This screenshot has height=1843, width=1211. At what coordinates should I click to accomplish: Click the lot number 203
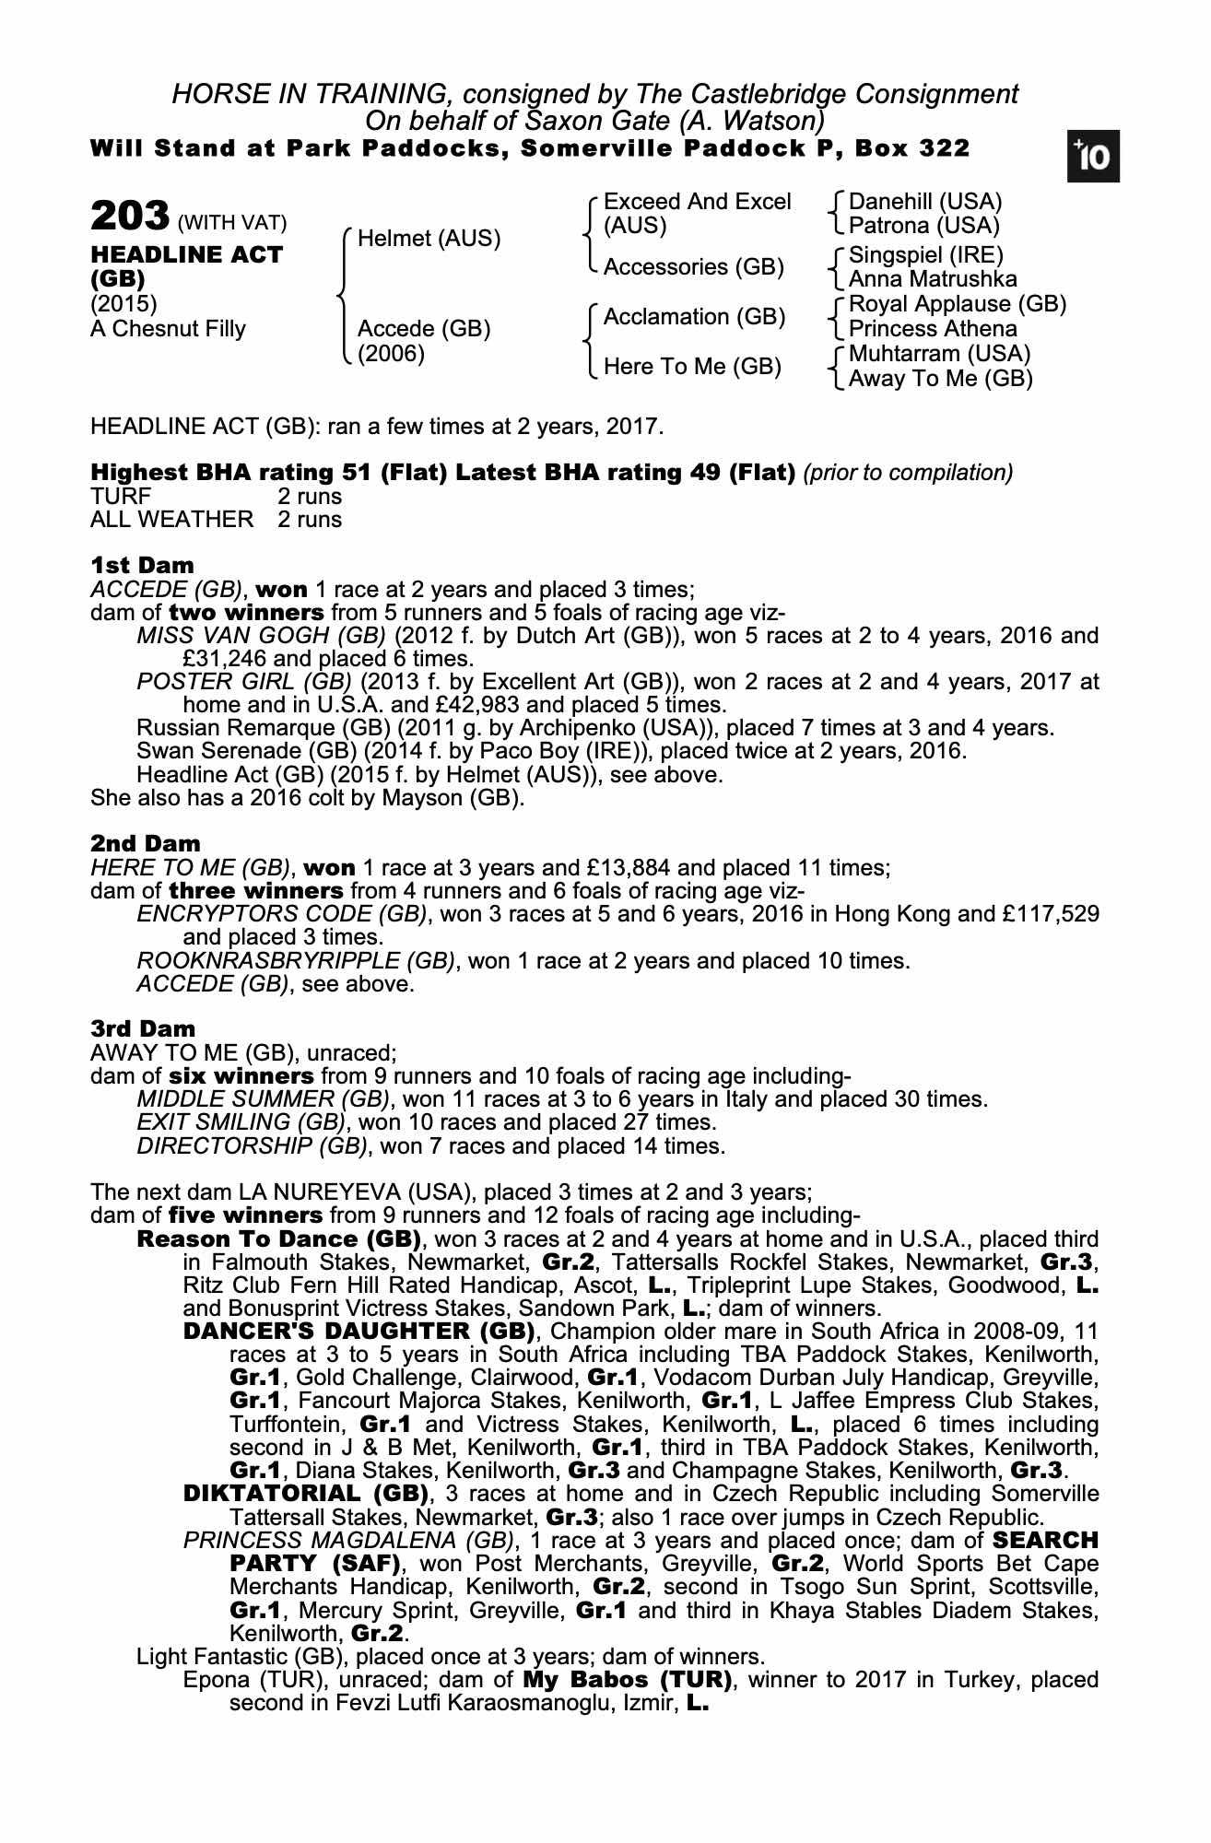(129, 217)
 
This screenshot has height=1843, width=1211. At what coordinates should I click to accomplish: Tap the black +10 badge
(1094, 158)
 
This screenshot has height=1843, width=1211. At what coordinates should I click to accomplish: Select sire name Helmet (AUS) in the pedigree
(429, 239)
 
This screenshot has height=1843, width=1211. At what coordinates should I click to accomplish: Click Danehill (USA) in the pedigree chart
(925, 202)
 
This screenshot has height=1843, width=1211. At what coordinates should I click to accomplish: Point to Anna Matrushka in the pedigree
(933, 278)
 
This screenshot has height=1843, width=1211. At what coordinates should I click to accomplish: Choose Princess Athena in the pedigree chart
(933, 329)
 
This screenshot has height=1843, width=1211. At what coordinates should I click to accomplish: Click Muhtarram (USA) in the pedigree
(939, 354)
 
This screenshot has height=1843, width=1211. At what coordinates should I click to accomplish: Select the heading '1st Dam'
(142, 565)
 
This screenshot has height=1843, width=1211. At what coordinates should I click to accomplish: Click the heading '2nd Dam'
(145, 843)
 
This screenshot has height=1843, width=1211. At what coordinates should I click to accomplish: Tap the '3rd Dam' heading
(143, 1028)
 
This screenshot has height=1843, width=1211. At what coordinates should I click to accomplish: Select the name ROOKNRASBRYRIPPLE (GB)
(296, 961)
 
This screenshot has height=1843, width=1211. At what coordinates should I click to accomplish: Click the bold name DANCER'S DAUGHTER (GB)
(359, 1331)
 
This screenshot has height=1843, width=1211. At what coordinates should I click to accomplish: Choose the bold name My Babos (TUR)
(627, 1679)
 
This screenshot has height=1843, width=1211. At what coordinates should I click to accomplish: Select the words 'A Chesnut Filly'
(168, 329)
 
